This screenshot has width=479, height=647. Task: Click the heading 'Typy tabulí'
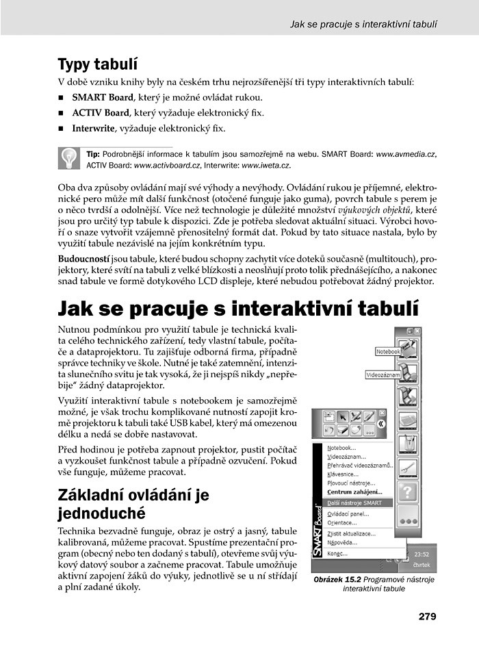[98, 65]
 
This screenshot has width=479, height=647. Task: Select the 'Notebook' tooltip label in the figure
[388, 351]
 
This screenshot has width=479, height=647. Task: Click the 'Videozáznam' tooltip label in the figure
[383, 376]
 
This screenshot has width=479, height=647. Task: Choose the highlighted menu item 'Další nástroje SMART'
[354, 503]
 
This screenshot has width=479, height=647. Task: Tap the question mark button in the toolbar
[408, 493]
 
